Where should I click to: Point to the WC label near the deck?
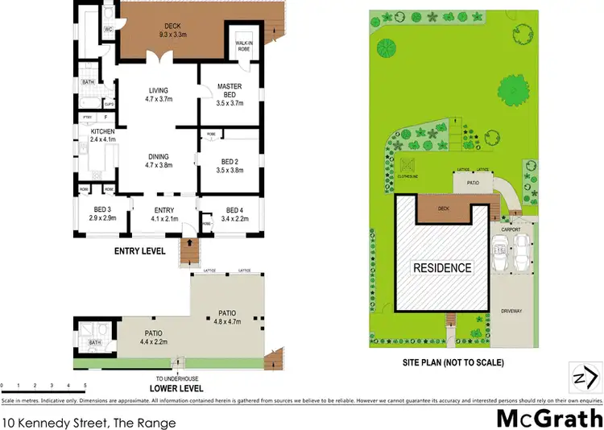click(108, 30)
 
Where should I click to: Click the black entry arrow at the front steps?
click(190, 241)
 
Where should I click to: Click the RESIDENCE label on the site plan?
click(443, 267)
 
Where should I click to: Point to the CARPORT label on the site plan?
click(511, 229)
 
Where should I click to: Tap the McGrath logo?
click(548, 417)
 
